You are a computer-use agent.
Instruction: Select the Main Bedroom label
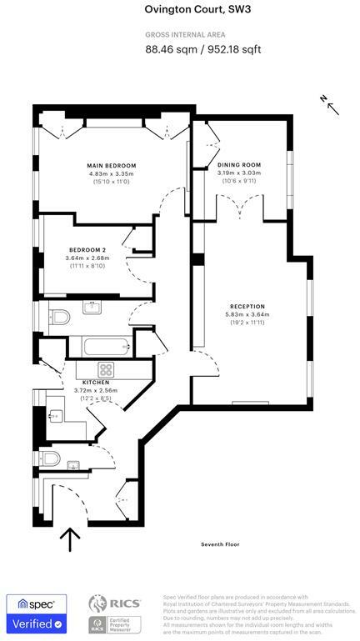(x=111, y=166)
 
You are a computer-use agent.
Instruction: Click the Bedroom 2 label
(x=87, y=250)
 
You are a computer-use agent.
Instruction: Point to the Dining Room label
(x=239, y=166)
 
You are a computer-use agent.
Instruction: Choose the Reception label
(x=246, y=307)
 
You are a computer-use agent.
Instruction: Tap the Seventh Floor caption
(x=220, y=544)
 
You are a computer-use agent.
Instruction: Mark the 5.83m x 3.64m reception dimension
(x=246, y=314)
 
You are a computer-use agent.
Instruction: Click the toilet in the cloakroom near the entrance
(x=52, y=459)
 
